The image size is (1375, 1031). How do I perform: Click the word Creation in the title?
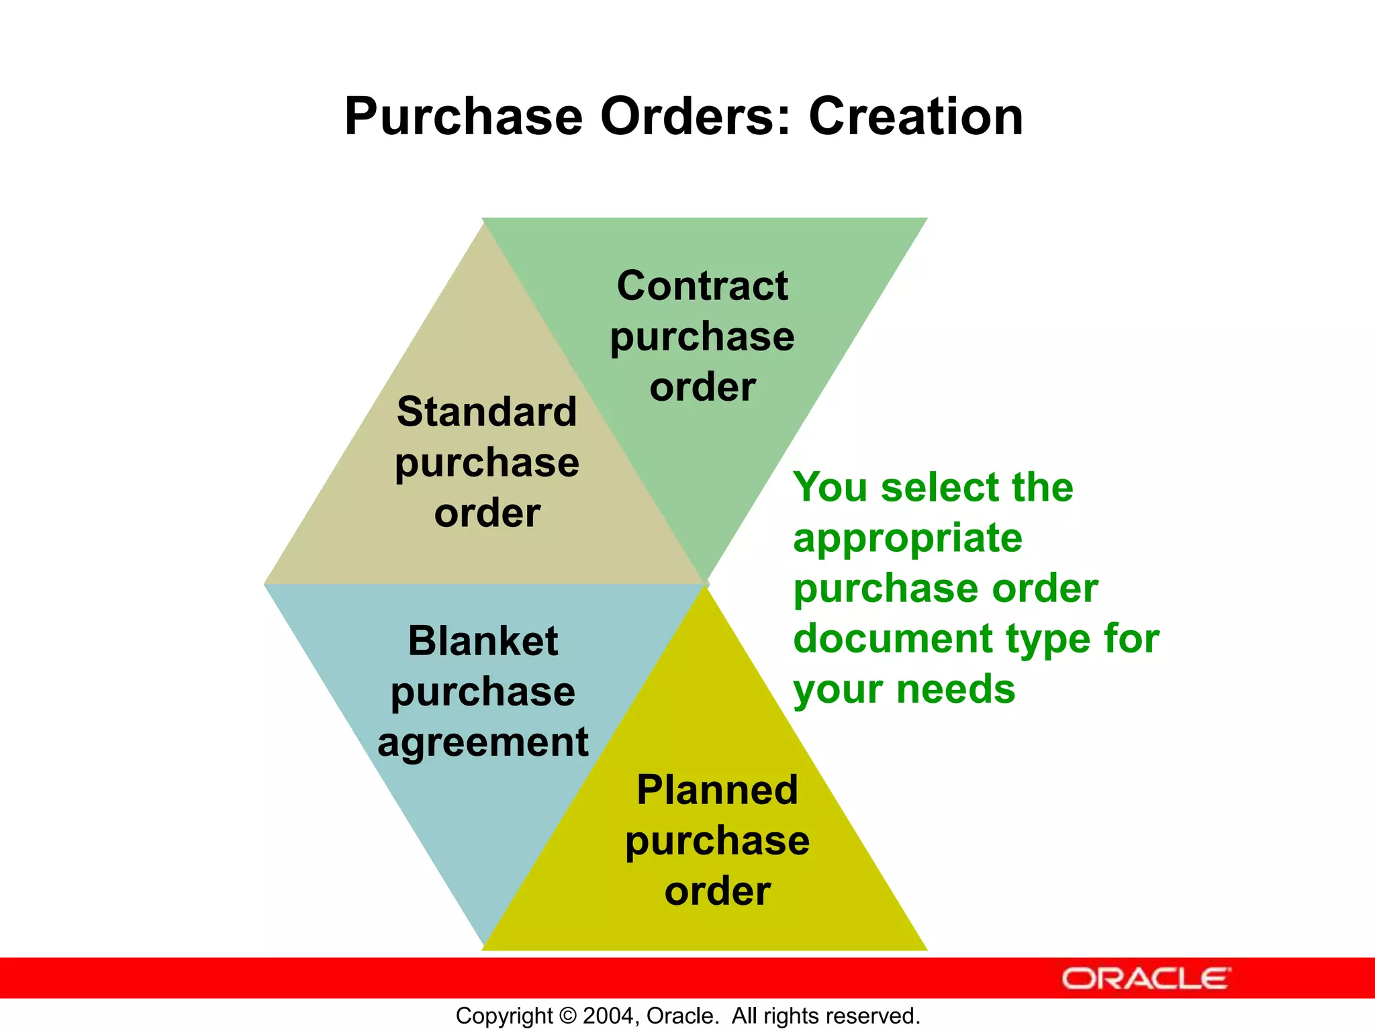pos(916,117)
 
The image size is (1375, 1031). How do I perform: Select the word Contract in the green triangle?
pos(702,286)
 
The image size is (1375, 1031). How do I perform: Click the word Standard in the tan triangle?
pos(487,411)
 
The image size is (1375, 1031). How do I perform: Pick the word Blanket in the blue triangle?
pos(483,641)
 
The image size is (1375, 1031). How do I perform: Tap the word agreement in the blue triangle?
pos(483,743)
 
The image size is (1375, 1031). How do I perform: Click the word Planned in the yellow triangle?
pos(717,790)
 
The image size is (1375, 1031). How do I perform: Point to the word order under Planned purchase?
pos(717,891)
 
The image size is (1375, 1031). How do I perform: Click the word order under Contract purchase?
pos(702,388)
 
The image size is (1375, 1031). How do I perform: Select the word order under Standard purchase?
pos(487,513)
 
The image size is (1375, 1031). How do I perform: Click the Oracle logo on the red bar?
pos(1145,979)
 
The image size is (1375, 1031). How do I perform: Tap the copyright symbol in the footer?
pos(568,1016)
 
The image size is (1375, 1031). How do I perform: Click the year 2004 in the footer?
pos(609,1016)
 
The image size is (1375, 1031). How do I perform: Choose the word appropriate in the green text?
pos(908,539)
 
